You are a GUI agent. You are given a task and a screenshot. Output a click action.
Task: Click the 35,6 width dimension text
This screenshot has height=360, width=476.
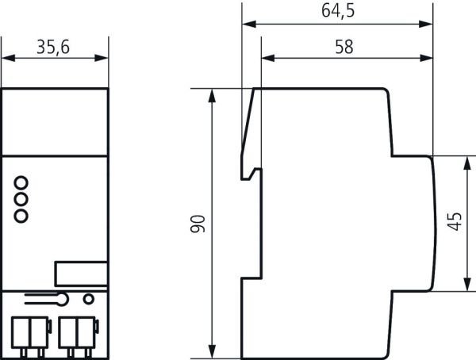click(x=54, y=48)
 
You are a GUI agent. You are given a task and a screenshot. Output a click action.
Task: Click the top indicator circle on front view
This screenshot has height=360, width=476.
click(x=21, y=180)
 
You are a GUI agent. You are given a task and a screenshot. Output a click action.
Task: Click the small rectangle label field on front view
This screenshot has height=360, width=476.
click(x=80, y=272)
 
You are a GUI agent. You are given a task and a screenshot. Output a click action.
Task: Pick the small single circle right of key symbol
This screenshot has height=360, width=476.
click(x=89, y=299)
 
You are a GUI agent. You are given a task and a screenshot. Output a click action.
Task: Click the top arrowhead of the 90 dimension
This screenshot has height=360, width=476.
click(x=212, y=93)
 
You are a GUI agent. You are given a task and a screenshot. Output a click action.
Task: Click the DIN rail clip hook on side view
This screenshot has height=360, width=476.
click(x=253, y=171)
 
